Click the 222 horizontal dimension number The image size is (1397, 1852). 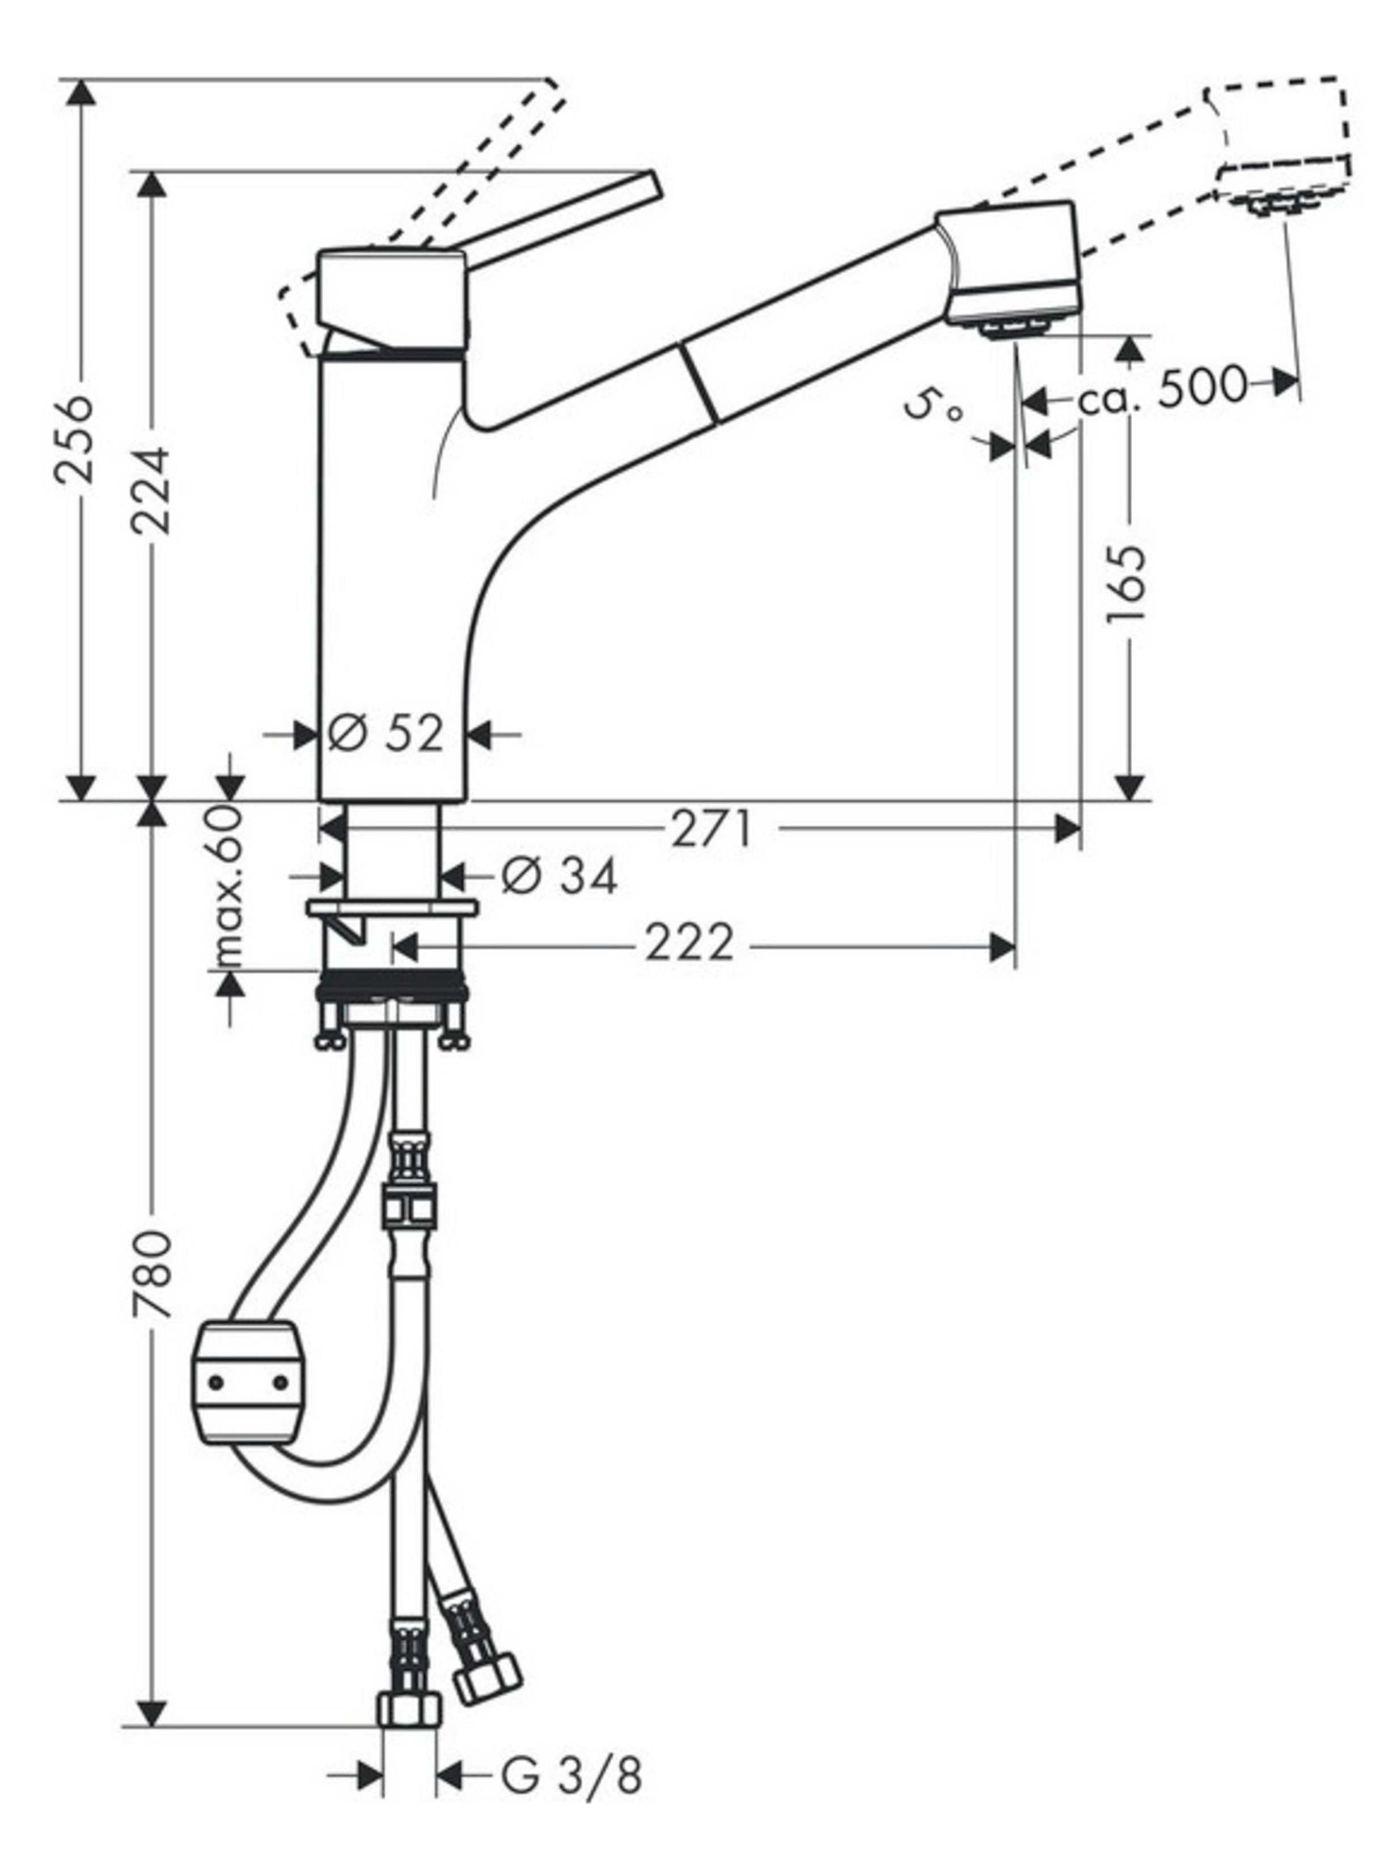[x=689, y=944]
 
